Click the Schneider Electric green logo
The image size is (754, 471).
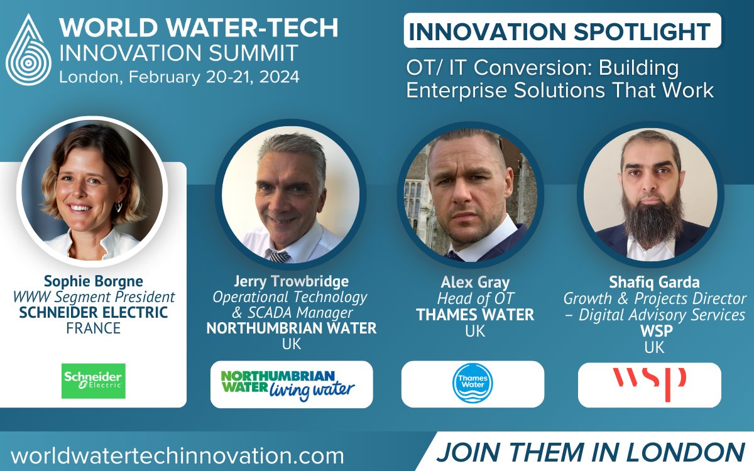[93, 381]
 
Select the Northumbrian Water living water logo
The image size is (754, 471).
[291, 384]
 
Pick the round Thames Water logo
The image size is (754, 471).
[473, 384]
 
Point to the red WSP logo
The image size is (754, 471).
[649, 384]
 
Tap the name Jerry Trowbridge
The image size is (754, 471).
[290, 281]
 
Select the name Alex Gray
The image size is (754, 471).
[474, 283]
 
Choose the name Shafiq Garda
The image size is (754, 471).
[653, 282]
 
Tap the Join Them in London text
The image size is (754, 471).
[590, 452]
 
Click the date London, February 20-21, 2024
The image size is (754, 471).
[179, 77]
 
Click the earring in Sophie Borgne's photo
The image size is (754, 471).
[118, 207]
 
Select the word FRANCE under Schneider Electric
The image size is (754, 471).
[93, 328]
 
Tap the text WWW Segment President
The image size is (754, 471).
[93, 296]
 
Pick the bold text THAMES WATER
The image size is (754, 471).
[474, 315]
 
